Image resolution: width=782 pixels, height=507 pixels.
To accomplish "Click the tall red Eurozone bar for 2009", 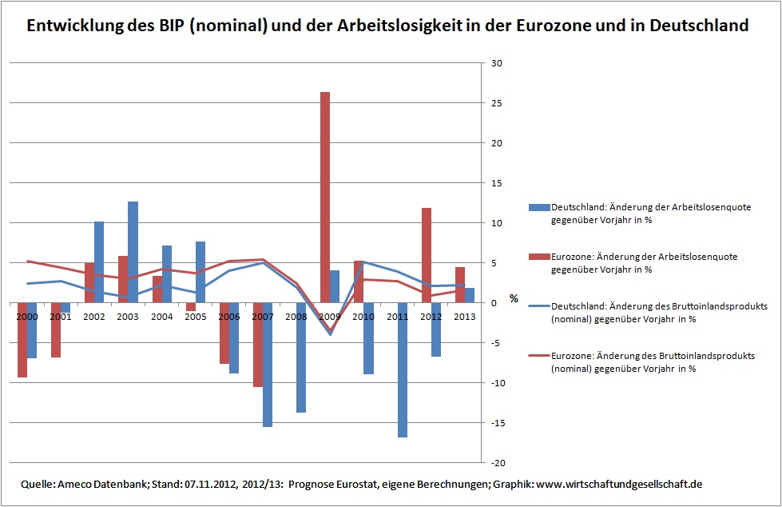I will tap(325, 197).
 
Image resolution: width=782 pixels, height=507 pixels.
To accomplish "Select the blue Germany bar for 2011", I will tap(403, 369).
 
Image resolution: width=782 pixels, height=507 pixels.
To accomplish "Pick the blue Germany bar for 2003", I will tap(133, 252).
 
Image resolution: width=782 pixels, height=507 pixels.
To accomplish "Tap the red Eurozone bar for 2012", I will tap(427, 255).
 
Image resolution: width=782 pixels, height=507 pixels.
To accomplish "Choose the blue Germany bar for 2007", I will tap(268, 364).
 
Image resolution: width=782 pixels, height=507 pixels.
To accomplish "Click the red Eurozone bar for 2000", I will tap(22, 340).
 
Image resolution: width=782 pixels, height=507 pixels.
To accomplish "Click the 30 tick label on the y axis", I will tap(496, 64).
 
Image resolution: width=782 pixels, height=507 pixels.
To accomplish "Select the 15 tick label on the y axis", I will tap(496, 184).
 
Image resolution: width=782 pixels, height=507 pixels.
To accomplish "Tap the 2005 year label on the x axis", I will tap(195, 317).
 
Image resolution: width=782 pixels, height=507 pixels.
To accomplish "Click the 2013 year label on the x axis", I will tap(465, 317).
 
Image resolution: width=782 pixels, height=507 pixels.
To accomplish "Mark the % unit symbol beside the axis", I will tap(514, 299).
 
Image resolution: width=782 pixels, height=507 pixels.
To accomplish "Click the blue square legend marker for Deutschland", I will tap(534, 207).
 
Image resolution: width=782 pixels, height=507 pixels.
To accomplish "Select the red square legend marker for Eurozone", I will tap(534, 257).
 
